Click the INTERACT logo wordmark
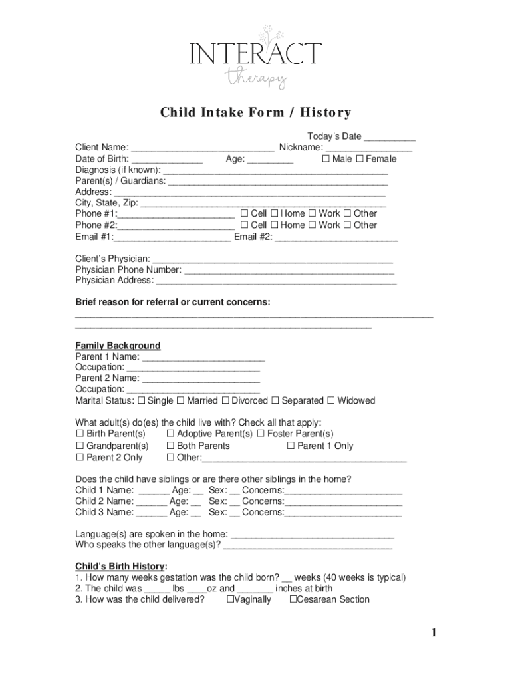[x=255, y=53]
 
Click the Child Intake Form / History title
[x=255, y=113]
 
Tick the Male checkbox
[x=326, y=159]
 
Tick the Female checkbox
[x=360, y=159]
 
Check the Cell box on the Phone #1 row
[x=244, y=213]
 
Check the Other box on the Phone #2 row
[x=347, y=225]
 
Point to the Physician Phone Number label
[x=128, y=269]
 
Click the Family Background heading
[x=118, y=346]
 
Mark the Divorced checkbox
[x=225, y=400]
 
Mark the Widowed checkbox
[x=330, y=400]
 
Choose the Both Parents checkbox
[x=170, y=446]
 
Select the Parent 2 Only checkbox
[x=80, y=458]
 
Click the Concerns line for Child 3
[x=343, y=513]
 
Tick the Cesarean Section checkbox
[x=293, y=599]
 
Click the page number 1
[x=434, y=633]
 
